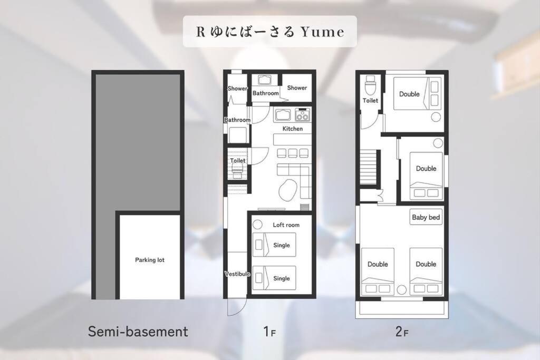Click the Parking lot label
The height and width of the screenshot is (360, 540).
coord(149,260)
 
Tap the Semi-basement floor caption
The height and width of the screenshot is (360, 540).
coord(138,332)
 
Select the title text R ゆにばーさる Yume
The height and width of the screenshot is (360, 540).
coord(270,32)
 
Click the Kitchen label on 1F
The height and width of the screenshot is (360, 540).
coord(292,129)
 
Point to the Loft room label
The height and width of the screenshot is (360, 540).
coord(286,225)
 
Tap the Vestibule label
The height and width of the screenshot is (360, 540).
coord(237,274)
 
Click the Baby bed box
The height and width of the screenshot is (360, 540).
coord(426,217)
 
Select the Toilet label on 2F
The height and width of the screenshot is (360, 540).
coord(370,101)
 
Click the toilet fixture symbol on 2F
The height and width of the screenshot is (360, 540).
coord(370,85)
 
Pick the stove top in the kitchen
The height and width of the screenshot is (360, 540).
coord(302,114)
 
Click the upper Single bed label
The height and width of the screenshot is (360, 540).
coord(282,246)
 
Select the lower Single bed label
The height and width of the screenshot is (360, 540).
coord(282,278)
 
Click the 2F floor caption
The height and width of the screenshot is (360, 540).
coord(402,332)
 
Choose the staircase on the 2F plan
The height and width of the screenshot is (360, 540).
coord(370,167)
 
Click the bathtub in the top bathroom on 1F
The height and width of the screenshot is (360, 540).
coord(264,80)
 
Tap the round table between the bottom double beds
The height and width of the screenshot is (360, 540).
coord(401,290)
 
